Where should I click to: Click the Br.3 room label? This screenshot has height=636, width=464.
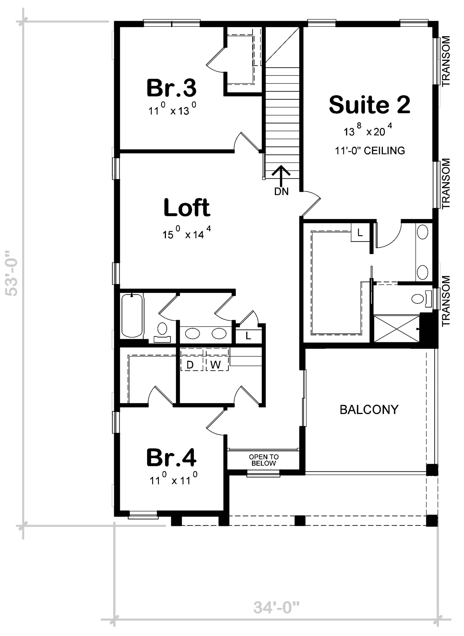[x=171, y=88]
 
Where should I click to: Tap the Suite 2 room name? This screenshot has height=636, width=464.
[x=370, y=104]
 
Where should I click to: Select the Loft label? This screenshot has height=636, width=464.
[x=187, y=208]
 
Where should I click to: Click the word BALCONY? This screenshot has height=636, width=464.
[x=369, y=410]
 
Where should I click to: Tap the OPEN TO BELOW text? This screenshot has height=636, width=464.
[x=264, y=460]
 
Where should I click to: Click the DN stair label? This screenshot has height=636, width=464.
[x=281, y=192]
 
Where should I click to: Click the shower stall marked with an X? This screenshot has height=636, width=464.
[x=397, y=329]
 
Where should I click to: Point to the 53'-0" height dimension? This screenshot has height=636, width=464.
[x=12, y=273]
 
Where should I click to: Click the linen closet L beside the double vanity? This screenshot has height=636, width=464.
[x=248, y=335]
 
